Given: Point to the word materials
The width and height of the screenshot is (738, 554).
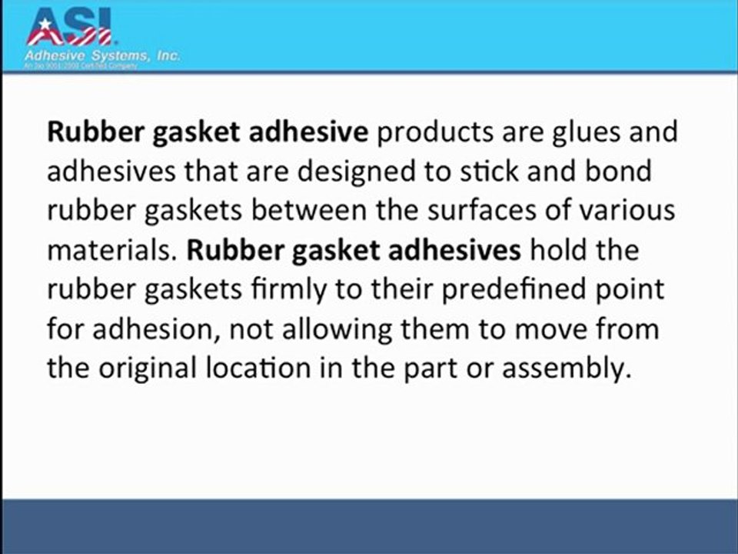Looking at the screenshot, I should point(112,251).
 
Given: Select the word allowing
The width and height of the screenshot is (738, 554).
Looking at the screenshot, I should point(334,330).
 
